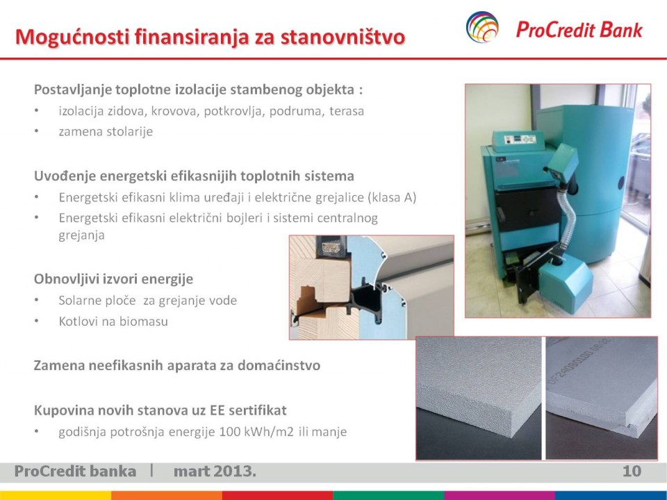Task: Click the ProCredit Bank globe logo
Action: coord(482,27)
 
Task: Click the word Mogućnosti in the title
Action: coord(72,37)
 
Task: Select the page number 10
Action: coord(632,471)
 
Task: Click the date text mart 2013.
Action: coord(215,471)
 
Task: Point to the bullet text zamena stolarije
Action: coord(106,131)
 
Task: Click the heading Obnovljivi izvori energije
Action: coord(113,279)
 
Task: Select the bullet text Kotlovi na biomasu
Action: coord(113,321)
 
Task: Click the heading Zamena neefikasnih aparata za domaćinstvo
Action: coord(177,365)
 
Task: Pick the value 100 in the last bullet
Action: coord(230,431)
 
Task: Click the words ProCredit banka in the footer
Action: coord(75,471)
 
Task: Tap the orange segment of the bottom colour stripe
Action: coord(167,496)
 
